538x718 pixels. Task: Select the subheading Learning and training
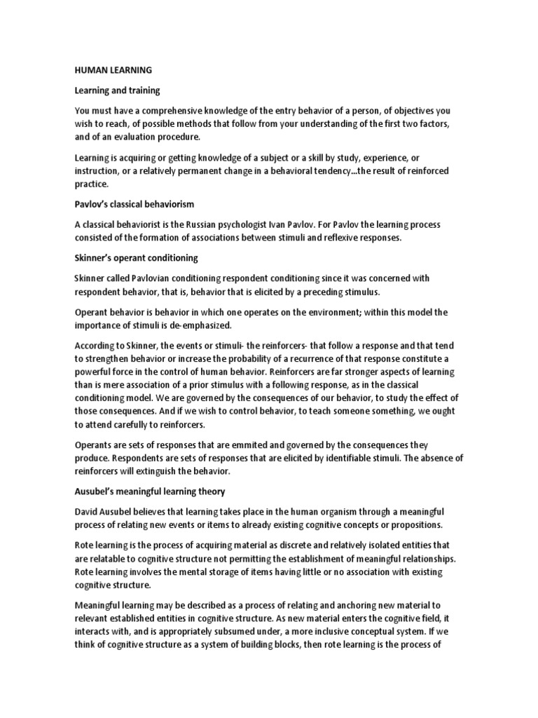pos(118,90)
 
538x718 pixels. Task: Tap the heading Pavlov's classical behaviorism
pos(134,204)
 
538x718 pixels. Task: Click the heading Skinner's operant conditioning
pos(137,258)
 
